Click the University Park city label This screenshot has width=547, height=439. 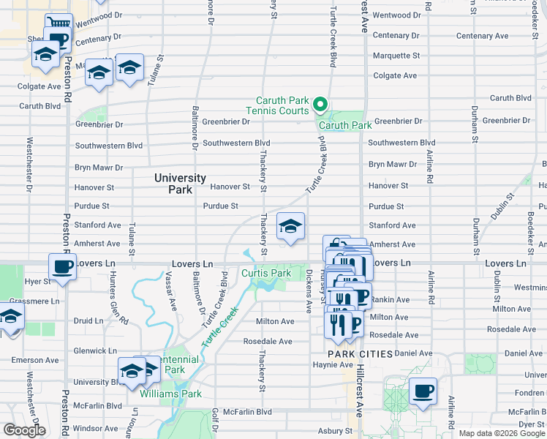(x=174, y=184)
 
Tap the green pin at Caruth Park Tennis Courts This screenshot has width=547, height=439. (x=320, y=105)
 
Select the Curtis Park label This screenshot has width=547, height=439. (x=266, y=274)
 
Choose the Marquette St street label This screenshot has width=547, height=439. (x=396, y=56)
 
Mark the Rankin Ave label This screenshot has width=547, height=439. (x=390, y=300)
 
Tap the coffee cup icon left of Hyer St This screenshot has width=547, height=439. (x=63, y=266)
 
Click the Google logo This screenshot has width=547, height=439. (x=24, y=430)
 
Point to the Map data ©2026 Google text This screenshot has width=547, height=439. (x=502, y=433)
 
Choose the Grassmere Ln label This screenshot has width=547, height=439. (x=35, y=301)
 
